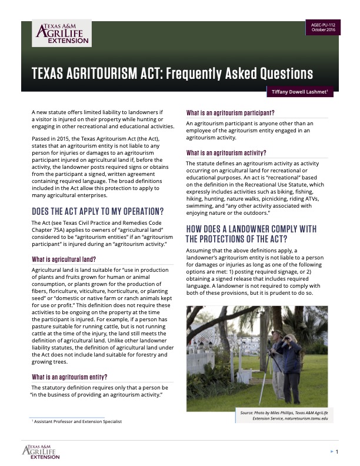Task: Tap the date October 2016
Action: coord(323,29)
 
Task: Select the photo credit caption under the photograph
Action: coord(285,416)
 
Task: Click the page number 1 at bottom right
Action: coord(337,451)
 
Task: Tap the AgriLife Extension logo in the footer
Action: coord(41,452)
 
